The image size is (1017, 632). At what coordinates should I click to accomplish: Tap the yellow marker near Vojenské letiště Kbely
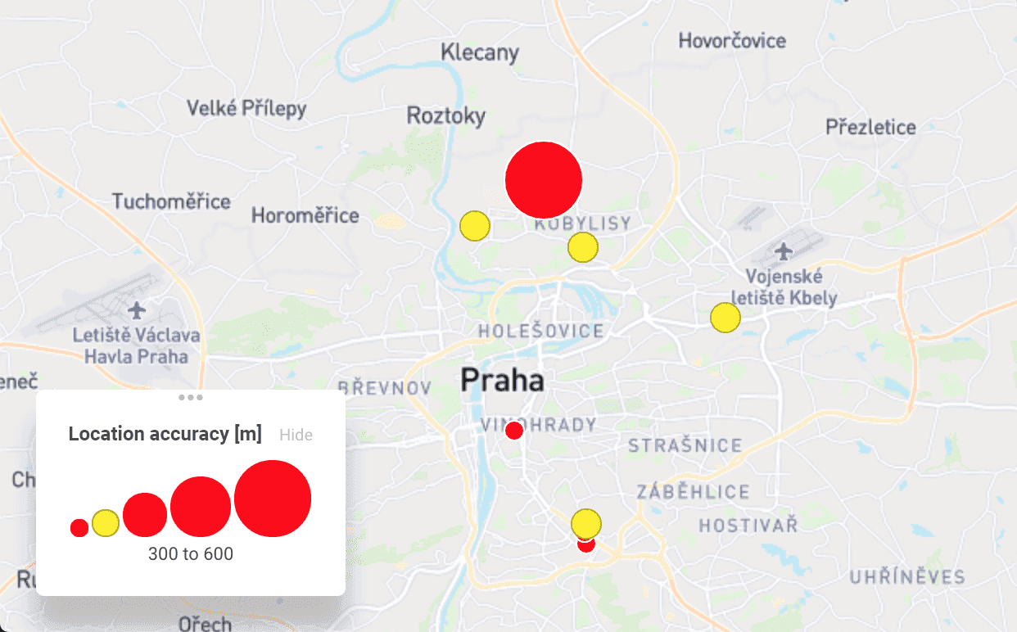coord(725,318)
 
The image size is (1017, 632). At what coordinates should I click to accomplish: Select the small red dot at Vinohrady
coord(514,431)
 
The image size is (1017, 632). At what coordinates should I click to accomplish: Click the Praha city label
coord(502,380)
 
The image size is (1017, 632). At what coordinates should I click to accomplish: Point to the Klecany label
coord(480,53)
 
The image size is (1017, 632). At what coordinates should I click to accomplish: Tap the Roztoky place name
coord(446,115)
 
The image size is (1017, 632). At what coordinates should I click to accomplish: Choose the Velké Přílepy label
coord(246,108)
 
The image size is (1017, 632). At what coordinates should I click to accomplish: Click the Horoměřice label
coord(305,216)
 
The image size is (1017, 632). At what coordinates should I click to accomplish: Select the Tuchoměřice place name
coord(172,201)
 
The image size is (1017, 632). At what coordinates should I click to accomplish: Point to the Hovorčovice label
coord(732,40)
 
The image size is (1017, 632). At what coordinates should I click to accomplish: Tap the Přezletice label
coord(870,127)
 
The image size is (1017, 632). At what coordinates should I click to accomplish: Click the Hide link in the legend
coord(296,435)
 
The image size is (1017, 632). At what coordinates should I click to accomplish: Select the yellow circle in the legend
coord(106,523)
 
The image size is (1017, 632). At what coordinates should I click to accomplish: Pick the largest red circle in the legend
coord(273,499)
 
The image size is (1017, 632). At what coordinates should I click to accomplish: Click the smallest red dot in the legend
coord(79,528)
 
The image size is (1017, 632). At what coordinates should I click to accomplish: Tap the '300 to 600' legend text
coord(191,554)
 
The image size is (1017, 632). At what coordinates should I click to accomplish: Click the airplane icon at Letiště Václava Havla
coord(137,311)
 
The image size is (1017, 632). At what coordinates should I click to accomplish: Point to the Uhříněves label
coord(907,577)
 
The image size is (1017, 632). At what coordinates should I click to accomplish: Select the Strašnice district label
coord(685,446)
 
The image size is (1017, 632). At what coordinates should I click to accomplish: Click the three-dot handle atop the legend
coord(191,398)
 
